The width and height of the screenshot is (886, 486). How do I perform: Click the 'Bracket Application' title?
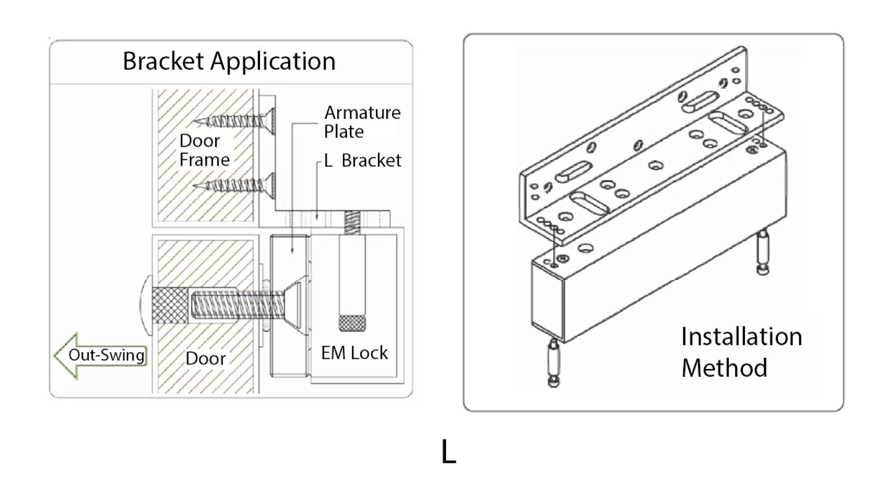click(x=229, y=61)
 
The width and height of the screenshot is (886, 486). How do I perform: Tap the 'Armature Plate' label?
click(x=362, y=122)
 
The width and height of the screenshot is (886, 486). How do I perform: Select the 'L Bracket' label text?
click(x=363, y=160)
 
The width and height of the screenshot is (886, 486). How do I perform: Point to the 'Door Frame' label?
click(x=204, y=150)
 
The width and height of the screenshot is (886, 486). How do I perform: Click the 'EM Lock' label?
click(x=354, y=353)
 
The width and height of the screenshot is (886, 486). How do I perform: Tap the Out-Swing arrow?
click(x=100, y=356)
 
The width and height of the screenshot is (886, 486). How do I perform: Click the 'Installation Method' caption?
click(x=742, y=352)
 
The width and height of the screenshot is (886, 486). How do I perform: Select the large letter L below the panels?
click(x=449, y=452)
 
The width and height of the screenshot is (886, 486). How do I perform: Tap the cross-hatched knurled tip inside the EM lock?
click(x=351, y=323)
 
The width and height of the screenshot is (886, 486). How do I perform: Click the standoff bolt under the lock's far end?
click(x=763, y=253)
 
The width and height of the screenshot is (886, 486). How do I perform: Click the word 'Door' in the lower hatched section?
click(x=205, y=358)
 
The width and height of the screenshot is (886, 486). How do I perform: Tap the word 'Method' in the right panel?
click(x=724, y=368)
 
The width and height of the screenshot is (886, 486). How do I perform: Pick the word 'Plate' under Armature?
click(x=344, y=132)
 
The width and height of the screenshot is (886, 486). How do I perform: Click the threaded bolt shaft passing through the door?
click(x=237, y=305)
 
